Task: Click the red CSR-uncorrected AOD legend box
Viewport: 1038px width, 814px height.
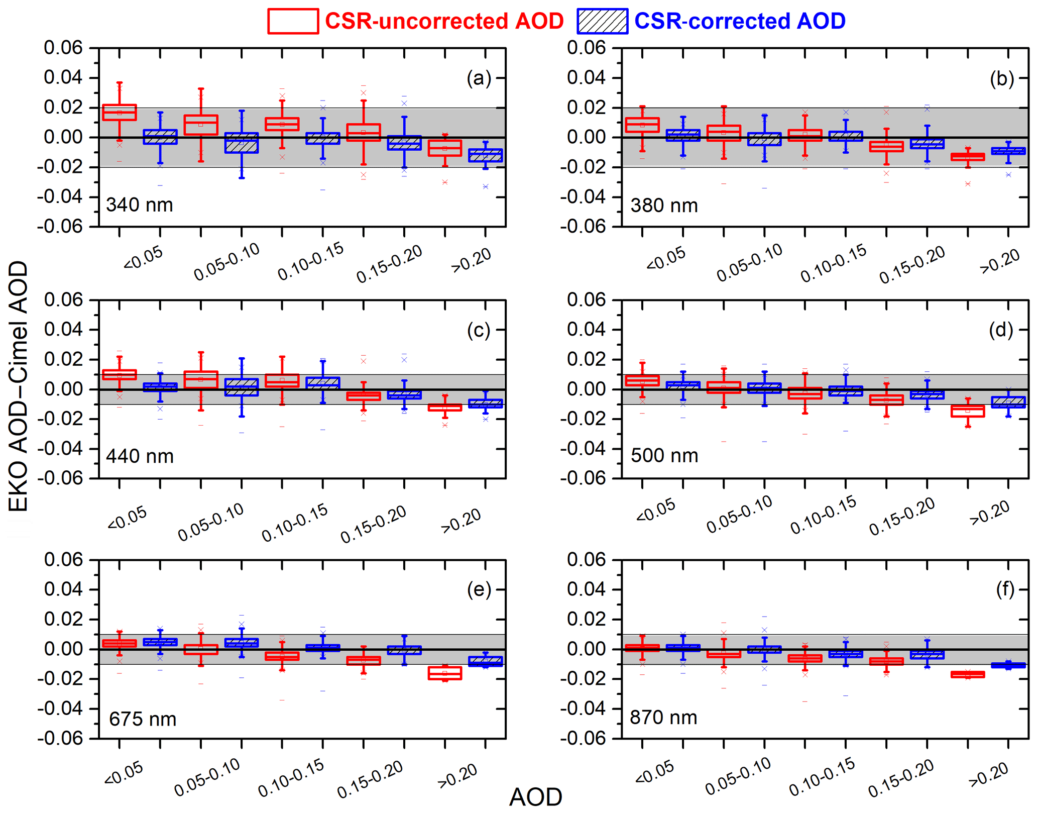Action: (x=293, y=21)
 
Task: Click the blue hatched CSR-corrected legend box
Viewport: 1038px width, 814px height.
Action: (x=602, y=21)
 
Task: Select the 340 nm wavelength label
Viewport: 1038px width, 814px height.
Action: (x=140, y=205)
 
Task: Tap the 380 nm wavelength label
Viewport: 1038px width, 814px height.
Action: (x=664, y=206)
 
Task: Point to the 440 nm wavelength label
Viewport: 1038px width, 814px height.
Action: (x=140, y=456)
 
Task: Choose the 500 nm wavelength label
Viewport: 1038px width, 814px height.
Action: (x=664, y=456)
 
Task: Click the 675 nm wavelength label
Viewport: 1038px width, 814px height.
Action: (x=143, y=719)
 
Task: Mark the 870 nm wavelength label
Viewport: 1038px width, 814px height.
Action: (x=663, y=718)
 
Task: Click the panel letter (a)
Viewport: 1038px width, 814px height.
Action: (x=479, y=78)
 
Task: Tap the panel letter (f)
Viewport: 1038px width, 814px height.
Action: (x=1005, y=589)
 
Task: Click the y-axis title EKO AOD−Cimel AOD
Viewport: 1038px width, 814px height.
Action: (x=19, y=386)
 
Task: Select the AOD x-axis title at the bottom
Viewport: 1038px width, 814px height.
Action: (x=535, y=797)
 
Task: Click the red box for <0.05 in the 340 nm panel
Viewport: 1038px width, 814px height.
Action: (x=120, y=112)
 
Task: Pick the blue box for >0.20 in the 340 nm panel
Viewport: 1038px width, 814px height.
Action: (x=486, y=155)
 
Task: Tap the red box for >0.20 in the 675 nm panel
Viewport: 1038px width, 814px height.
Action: (x=445, y=673)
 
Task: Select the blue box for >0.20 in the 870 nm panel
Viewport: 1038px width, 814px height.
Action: (x=1008, y=665)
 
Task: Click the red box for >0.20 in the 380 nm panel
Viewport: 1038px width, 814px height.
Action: (x=968, y=157)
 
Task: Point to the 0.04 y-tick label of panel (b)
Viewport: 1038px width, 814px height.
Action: (x=586, y=78)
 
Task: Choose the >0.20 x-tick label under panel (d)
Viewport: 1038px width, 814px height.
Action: (x=990, y=513)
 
